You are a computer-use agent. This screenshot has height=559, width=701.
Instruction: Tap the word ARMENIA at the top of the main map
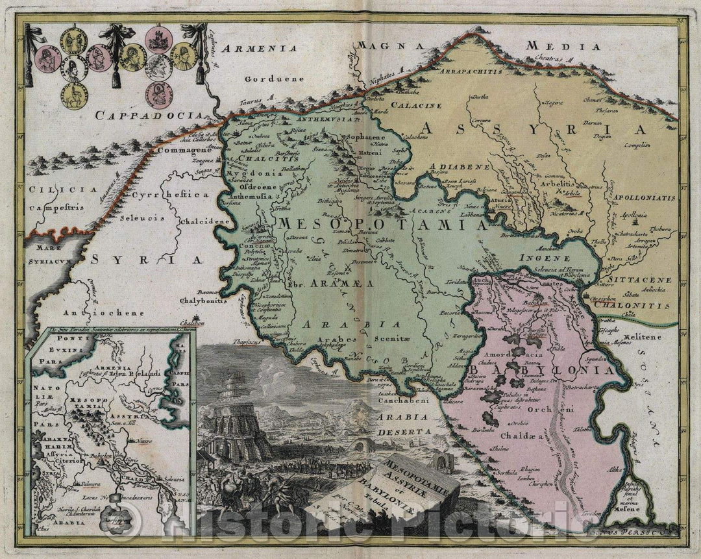(x=257, y=48)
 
